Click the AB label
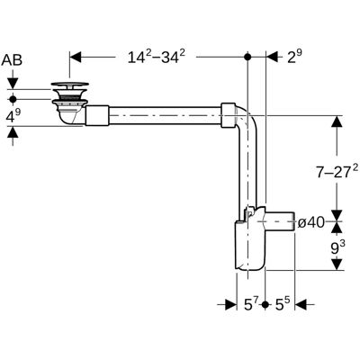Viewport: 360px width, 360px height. pos(12,60)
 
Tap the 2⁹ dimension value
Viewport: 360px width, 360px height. pos(294,56)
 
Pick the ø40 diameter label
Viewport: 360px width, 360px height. pos(311,223)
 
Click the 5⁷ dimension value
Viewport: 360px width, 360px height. pos(251,305)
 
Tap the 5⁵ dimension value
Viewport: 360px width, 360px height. pos(283,305)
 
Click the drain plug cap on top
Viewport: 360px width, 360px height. pos(70,85)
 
